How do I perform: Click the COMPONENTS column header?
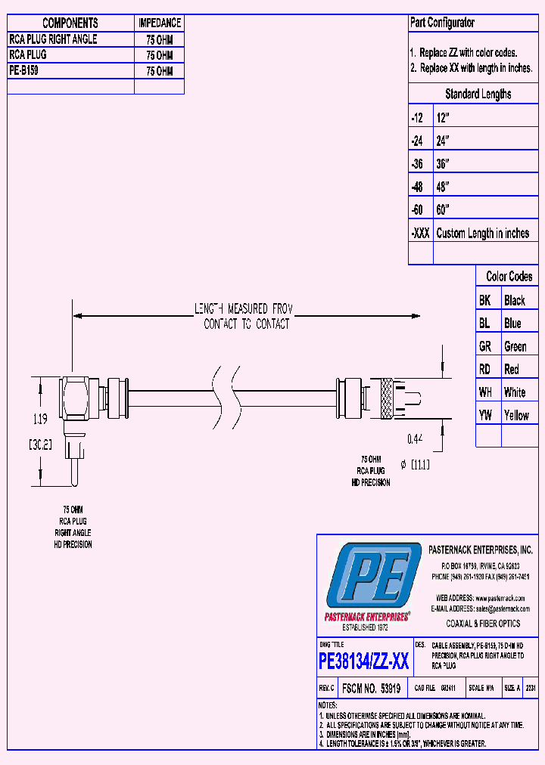coord(70,23)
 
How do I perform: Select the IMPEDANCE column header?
coord(159,23)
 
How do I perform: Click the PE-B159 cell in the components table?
coord(24,70)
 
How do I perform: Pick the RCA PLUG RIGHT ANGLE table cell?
coord(53,39)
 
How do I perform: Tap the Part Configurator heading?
coord(443,23)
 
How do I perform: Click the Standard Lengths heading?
coord(478,94)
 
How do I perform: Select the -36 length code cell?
coord(417,164)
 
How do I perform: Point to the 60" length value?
coord(444,209)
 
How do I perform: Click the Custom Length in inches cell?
coord(483,233)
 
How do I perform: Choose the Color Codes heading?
coord(509,277)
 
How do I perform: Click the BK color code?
coord(485,300)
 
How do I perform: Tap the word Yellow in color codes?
coord(516,415)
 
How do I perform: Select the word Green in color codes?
coord(515,346)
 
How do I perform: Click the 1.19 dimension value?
coord(41,417)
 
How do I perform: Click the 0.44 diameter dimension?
coord(416,438)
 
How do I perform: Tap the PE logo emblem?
coord(371,579)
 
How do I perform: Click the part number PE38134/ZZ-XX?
coord(364,662)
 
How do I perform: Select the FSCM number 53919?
coord(372,689)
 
